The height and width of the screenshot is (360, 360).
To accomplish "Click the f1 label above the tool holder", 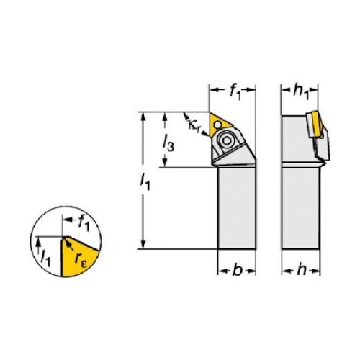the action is [235, 92].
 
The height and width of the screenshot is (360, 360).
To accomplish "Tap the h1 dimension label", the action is [300, 91].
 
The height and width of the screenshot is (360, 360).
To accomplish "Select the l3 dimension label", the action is [168, 143].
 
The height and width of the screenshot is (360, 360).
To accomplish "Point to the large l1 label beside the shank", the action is [145, 182].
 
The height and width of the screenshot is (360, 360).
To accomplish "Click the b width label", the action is [237, 271].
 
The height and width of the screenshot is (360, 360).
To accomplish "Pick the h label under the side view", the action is [302, 270].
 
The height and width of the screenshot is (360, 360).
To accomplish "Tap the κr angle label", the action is [194, 125].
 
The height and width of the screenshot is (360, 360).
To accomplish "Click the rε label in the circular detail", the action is [81, 259].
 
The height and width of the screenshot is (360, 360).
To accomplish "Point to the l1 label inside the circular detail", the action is [45, 258].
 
